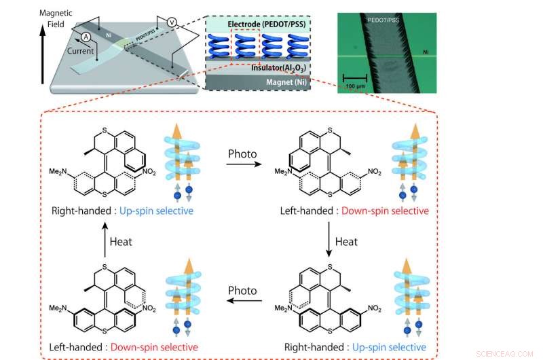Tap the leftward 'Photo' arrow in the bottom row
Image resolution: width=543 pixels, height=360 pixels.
[243, 298]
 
